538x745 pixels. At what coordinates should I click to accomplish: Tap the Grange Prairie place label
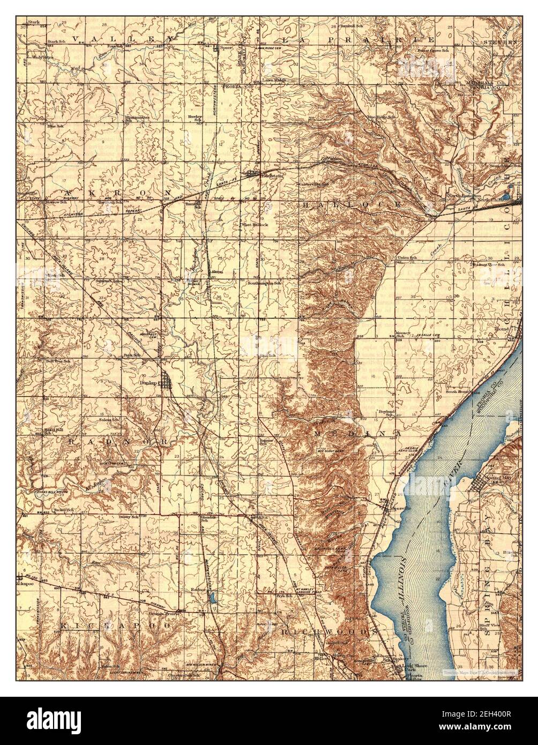[x=165, y=613]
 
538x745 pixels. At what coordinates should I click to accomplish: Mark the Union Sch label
[x=407, y=258]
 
